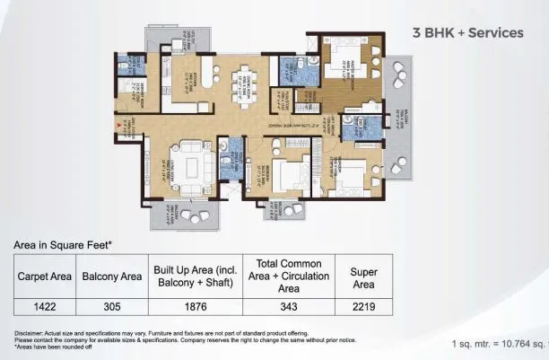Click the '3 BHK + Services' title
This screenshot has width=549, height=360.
click(466, 33)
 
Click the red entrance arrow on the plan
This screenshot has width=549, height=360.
click(117, 136)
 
